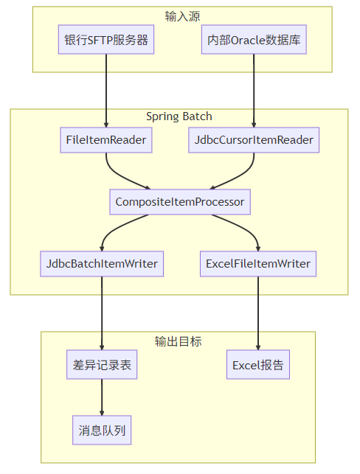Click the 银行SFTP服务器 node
pyautogui.click(x=106, y=41)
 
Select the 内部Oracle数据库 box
pyautogui.click(x=254, y=41)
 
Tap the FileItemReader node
pyautogui.click(x=106, y=140)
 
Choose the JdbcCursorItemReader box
pyautogui.click(x=254, y=140)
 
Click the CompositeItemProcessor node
pyautogui.click(x=180, y=201)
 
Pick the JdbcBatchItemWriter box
pyautogui.click(x=102, y=263)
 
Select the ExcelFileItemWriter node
pyautogui.click(x=258, y=263)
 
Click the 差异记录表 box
pyautogui.click(x=102, y=366)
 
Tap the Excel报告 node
pyautogui.click(x=258, y=366)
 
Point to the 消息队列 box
pyautogui.click(x=102, y=431)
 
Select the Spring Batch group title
pyautogui.click(x=179, y=117)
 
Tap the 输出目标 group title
pyautogui.click(x=178, y=341)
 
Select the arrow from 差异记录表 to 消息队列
pyautogui.click(x=102, y=398)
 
